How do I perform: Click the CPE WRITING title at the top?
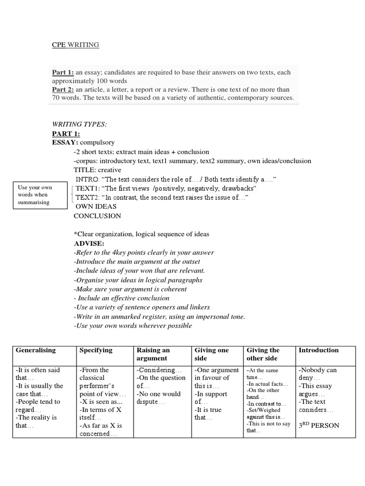click(75, 45)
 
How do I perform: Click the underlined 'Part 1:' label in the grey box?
click(63, 73)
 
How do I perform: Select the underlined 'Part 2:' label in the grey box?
click(63, 90)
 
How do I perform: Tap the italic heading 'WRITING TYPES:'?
click(79, 124)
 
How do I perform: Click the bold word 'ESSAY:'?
click(65, 142)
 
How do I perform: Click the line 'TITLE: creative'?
click(97, 170)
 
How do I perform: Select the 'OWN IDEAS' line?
click(96, 206)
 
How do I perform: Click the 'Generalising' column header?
click(36, 350)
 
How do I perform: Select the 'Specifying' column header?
click(96, 350)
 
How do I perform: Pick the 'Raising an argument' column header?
click(153, 354)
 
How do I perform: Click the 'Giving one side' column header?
click(211, 354)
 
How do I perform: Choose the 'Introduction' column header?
click(318, 350)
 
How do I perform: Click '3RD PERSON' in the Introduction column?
click(318, 425)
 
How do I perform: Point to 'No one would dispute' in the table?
click(158, 398)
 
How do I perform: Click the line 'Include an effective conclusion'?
click(122, 298)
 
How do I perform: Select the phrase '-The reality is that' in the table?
click(36, 421)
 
